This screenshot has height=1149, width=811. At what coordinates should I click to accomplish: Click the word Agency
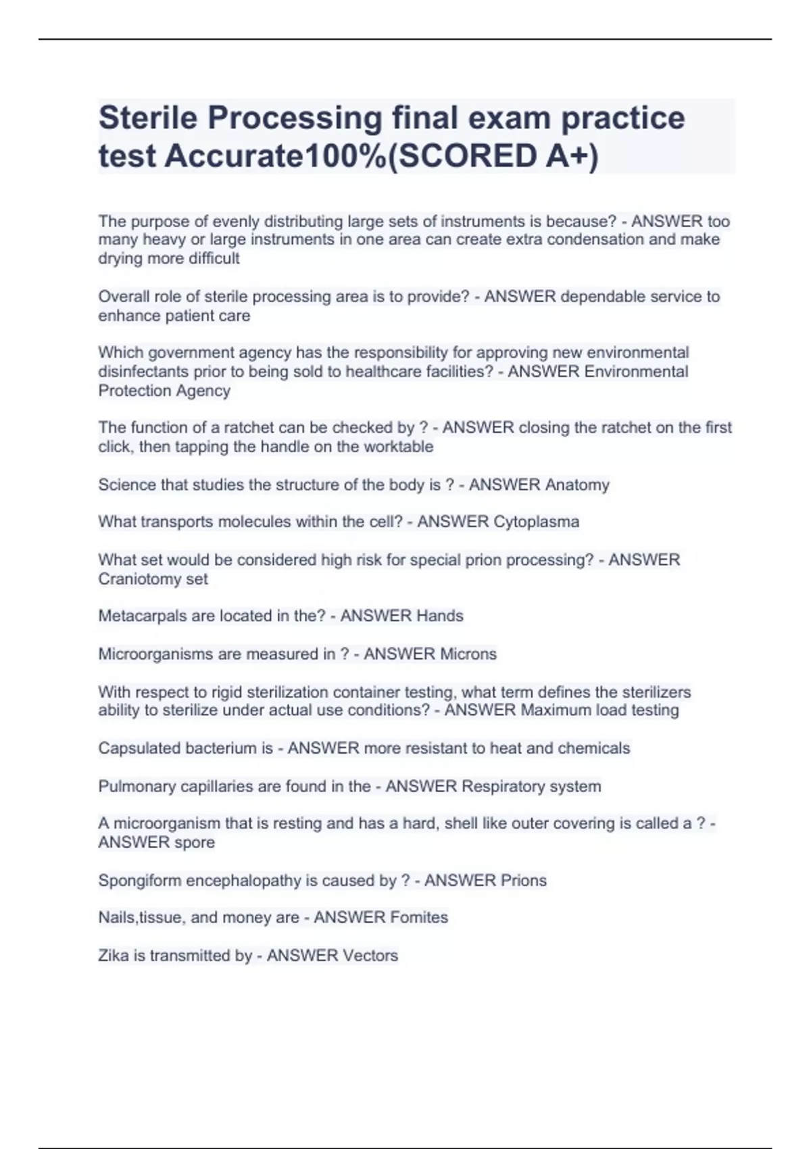(203, 391)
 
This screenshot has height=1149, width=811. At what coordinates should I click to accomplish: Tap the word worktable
(398, 447)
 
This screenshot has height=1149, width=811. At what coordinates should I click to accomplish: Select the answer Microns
(468, 654)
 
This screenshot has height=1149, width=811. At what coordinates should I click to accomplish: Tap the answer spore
(195, 843)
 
